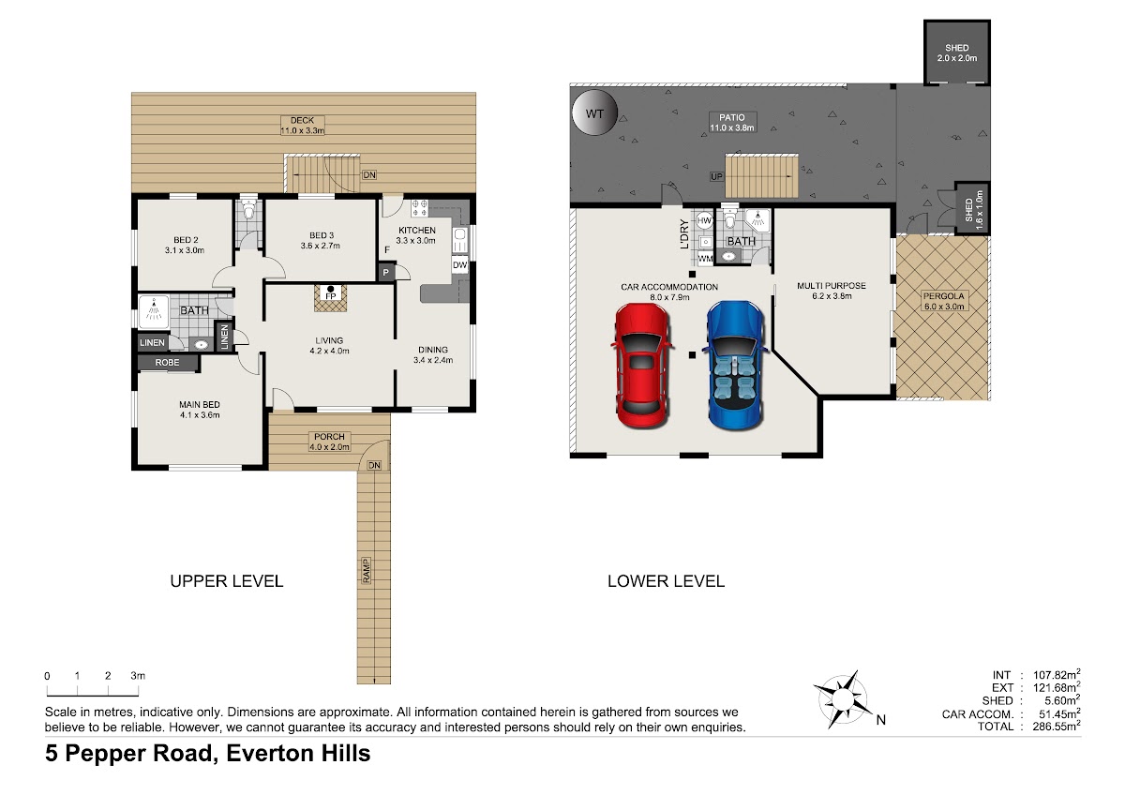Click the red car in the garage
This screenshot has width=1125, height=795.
[642, 366]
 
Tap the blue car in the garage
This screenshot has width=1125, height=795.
[735, 366]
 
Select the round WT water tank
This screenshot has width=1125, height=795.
[594, 113]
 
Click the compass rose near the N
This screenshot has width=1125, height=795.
[843, 699]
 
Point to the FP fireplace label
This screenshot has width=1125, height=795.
[330, 296]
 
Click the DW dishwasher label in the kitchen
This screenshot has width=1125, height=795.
[459, 265]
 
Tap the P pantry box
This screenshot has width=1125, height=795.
[385, 272]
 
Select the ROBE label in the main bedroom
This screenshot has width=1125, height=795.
[167, 362]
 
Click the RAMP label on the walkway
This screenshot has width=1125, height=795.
[367, 571]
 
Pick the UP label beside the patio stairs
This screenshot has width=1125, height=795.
[716, 176]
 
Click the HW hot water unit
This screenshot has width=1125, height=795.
[704, 220]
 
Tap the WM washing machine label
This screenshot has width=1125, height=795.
[705, 259]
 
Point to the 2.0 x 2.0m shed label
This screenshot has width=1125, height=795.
[957, 58]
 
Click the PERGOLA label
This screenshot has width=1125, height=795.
[944, 296]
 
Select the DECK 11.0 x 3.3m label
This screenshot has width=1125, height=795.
[302, 126]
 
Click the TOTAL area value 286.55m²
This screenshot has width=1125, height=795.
[1057, 726]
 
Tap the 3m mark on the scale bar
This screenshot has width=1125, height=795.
[138, 676]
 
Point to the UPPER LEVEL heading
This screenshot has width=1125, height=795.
[227, 581]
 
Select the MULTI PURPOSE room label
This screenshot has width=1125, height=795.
[832, 285]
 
